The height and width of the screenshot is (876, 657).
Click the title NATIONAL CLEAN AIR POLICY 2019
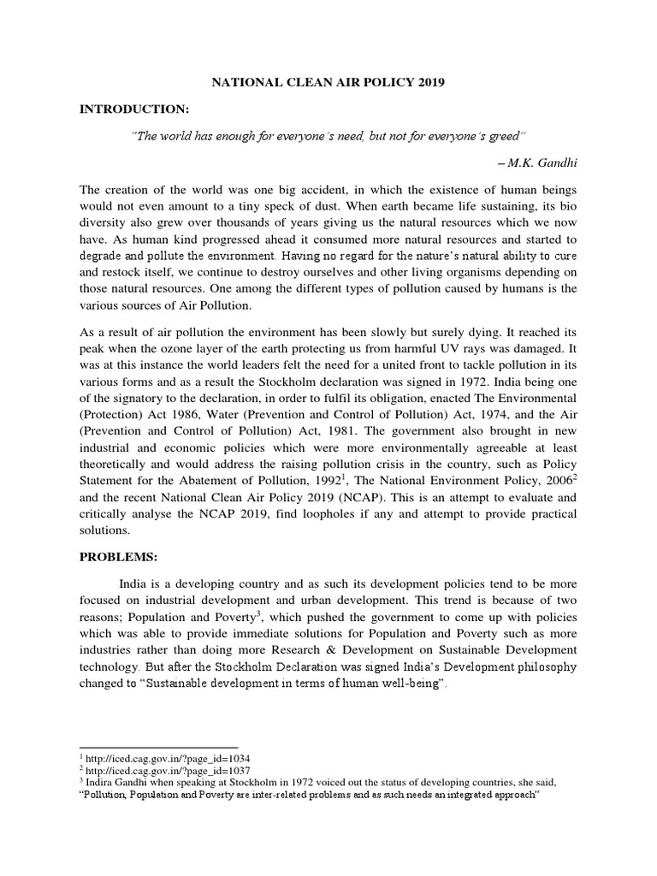click(329, 82)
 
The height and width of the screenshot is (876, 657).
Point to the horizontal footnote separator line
click(158, 747)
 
